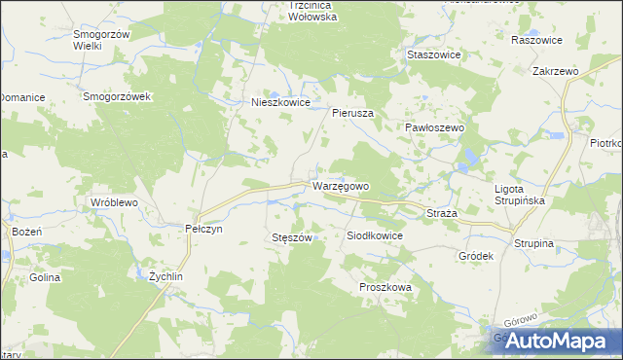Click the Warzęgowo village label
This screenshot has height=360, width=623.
(341, 185)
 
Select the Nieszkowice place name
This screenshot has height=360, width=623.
(280, 101)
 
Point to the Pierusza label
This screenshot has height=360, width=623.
(353, 113)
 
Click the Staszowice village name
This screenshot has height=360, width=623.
(433, 55)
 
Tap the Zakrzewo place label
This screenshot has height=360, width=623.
(555, 72)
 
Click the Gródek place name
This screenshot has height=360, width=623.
(476, 256)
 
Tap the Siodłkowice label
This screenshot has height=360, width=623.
(375, 235)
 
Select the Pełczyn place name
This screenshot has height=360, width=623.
(204, 228)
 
